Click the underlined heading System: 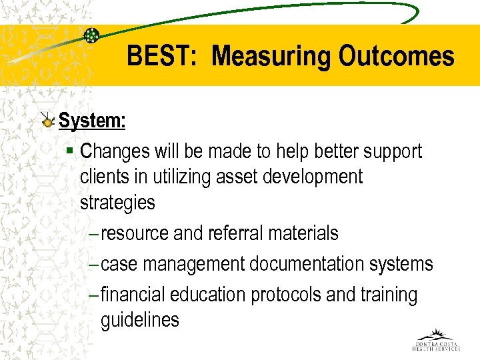coord(92,121)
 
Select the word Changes coord(115,151)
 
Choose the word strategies coord(117,202)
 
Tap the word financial coord(133,295)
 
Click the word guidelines coord(140,320)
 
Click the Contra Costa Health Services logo coord(436,340)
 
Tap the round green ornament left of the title coord(92,36)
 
